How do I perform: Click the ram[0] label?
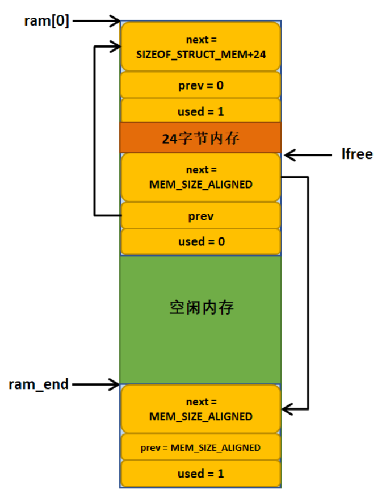47,21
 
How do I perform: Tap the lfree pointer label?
357,154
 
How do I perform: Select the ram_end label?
39,384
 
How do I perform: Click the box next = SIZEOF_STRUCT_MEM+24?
201,47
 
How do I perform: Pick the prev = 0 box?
201,85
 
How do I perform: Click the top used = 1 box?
201,110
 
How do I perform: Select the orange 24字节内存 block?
201,137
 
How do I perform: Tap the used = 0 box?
201,241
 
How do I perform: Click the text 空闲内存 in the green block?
202,308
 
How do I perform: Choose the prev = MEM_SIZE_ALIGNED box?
201,447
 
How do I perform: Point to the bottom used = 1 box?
201,474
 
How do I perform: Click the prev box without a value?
201,216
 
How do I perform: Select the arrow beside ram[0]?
96,22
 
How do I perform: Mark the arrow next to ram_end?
95,384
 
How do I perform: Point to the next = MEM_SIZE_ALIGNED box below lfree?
201,177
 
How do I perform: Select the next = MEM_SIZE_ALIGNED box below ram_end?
201,409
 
